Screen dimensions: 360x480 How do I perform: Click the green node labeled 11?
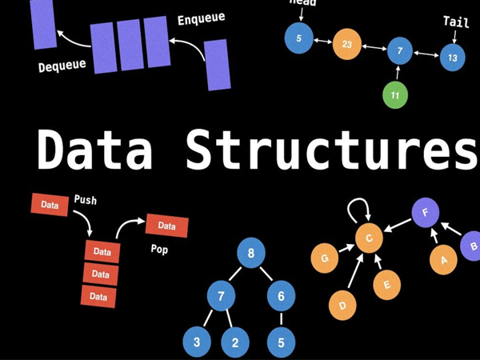[394, 95]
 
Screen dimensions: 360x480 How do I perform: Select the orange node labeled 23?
[346, 45]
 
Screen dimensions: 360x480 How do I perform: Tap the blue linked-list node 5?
[298, 38]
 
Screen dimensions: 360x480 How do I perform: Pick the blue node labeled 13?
[452, 57]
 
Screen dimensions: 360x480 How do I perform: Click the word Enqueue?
[201, 18]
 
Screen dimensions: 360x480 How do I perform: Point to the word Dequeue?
[62, 66]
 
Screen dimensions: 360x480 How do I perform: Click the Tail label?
[455, 22]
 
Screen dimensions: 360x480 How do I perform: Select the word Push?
[85, 199]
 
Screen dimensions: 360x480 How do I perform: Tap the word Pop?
[159, 249]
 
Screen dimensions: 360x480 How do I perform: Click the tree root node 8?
[251, 254]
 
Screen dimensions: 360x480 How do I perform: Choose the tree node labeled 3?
[196, 342]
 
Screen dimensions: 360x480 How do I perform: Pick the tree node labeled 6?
[281, 296]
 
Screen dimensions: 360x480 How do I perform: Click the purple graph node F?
[425, 214]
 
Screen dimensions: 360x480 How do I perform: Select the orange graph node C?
[369, 238]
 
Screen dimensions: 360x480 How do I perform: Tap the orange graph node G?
[325, 258]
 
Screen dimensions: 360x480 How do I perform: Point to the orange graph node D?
[342, 304]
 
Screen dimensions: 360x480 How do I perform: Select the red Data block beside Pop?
[166, 226]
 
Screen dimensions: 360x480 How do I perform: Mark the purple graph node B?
[473, 246]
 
